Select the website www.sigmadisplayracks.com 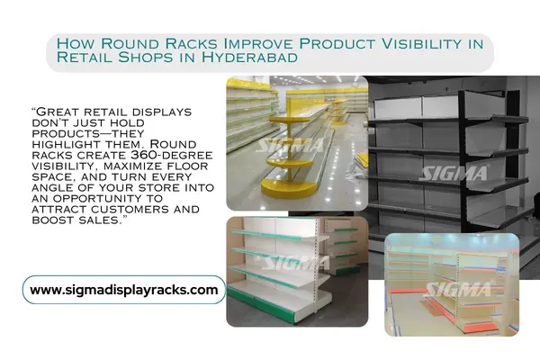click(123, 290)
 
